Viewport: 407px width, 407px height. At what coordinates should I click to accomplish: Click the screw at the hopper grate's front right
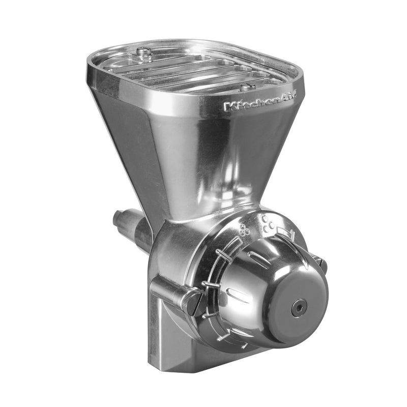(x=247, y=86)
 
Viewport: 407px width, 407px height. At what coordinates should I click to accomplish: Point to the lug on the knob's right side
(x=320, y=262)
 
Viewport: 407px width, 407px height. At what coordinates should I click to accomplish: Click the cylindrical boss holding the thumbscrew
(x=168, y=290)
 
